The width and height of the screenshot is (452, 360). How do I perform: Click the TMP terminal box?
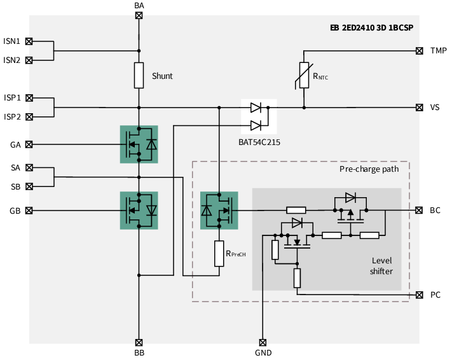point(419,50)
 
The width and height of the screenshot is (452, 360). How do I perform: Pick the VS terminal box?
point(419,107)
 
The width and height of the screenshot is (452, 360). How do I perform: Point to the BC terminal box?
point(419,210)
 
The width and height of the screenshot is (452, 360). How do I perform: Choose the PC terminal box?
point(419,294)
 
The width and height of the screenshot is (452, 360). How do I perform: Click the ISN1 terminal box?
point(29,41)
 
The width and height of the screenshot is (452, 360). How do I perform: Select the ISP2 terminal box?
point(29,117)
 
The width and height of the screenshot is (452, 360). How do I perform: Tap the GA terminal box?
point(29,144)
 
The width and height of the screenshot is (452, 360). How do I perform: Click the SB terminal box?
point(29,186)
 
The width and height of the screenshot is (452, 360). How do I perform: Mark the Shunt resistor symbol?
point(139,76)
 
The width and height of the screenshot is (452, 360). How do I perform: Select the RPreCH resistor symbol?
point(219,254)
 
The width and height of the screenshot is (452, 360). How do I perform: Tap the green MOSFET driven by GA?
point(139,144)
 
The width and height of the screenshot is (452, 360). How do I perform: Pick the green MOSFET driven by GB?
point(139,210)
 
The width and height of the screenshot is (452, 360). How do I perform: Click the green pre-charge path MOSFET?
point(219,210)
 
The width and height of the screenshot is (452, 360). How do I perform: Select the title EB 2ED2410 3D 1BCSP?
point(380,27)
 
